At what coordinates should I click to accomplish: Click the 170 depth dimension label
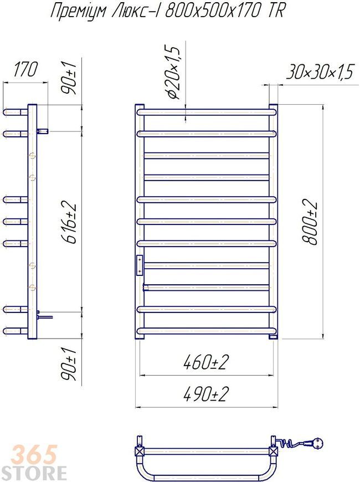point(25,69)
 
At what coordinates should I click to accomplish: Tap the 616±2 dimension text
point(69,223)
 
